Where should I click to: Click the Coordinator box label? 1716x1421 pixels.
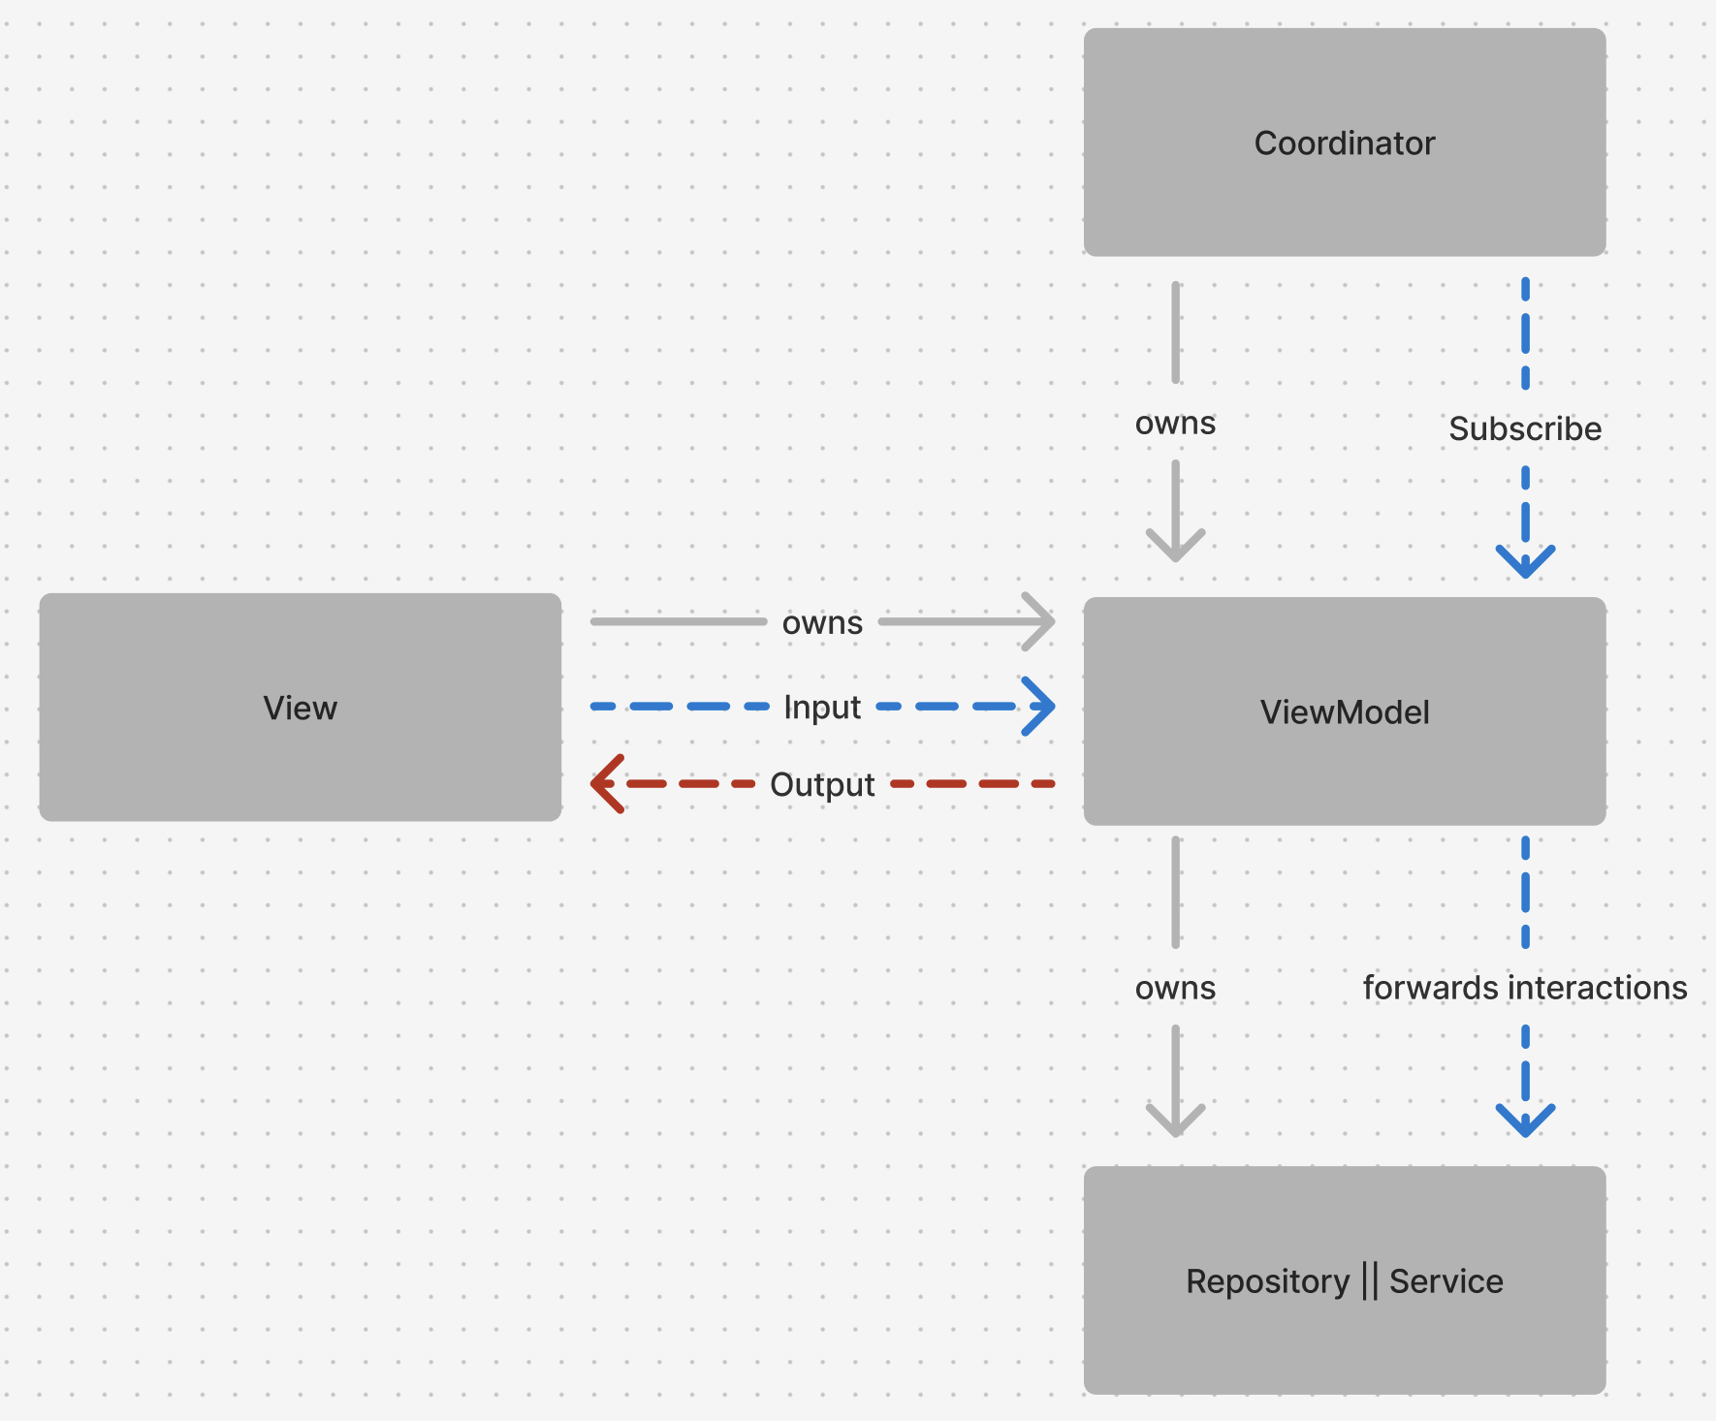coord(1344,143)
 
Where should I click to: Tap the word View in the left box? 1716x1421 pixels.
coord(300,708)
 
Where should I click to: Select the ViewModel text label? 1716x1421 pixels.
coord(1344,712)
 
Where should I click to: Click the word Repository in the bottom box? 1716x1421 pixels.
coord(1267,1281)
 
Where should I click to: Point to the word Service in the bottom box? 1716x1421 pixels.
coord(1446,1281)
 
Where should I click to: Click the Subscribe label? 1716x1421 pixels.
coord(1524,428)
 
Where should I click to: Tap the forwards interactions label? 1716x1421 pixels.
coord(1524,988)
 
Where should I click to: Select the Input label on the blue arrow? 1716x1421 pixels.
coord(821,708)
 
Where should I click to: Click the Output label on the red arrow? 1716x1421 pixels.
coord(821,784)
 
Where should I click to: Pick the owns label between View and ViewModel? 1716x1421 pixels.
coord(821,622)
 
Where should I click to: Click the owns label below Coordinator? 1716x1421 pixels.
coord(1175,424)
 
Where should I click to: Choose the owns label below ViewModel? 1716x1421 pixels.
coord(1175,988)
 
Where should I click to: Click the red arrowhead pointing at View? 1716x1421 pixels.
coord(605,783)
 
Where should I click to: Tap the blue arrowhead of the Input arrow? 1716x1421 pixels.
coord(1041,707)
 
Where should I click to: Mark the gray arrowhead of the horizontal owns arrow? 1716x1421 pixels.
coord(1041,621)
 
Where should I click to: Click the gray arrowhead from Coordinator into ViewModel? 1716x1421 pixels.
coord(1175,547)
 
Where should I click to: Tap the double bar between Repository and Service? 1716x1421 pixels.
coord(1369,1281)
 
